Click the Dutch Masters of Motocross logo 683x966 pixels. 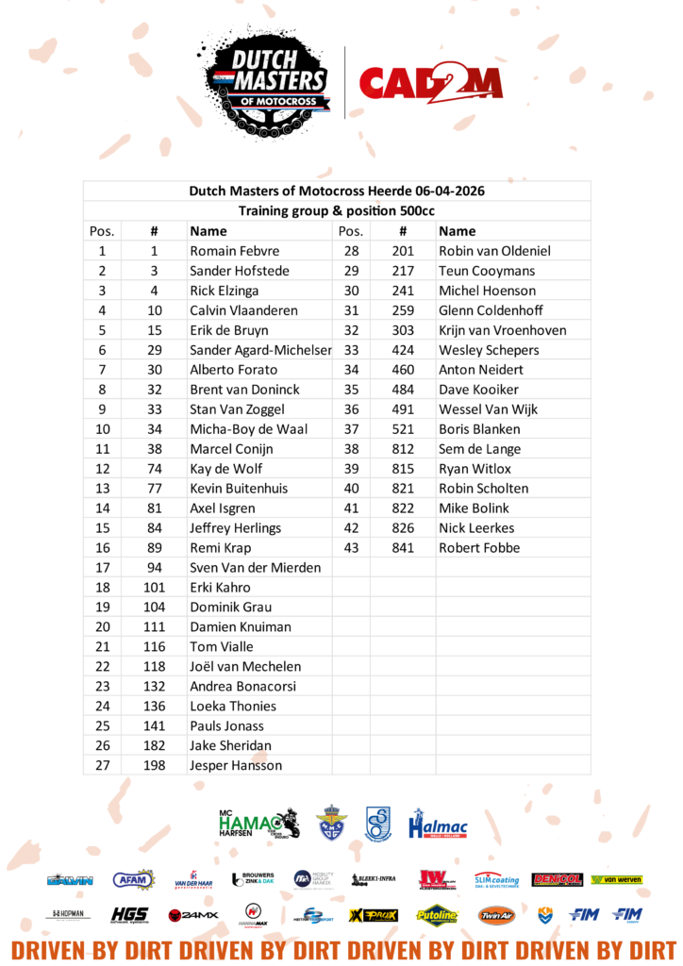coord(268,79)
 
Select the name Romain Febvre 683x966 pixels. coord(234,251)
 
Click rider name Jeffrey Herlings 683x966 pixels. coord(235,527)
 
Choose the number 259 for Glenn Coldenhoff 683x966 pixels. coord(402,310)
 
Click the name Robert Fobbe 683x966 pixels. coord(479,547)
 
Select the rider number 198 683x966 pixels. coord(154,765)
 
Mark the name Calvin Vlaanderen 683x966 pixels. coord(243,310)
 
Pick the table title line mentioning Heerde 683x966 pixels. coord(337,191)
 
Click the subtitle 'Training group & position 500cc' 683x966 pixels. coord(337,210)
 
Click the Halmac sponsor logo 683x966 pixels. coord(438,824)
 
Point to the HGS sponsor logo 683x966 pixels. coord(129,914)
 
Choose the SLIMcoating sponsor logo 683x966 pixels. coord(496,879)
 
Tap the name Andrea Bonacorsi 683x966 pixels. coord(242,686)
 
